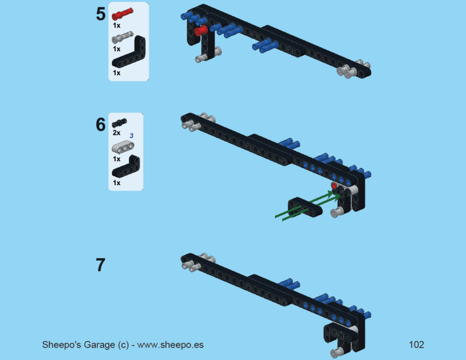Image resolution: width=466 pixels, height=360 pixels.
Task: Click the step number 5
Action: tap(101, 14)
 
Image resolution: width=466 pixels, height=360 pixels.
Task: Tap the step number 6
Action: tap(101, 125)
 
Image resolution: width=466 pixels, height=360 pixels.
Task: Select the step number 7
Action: tap(101, 265)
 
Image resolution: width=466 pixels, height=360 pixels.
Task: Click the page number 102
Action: tap(416, 344)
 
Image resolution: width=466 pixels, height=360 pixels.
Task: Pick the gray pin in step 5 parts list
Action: tap(122, 37)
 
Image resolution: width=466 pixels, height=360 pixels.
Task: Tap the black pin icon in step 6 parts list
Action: tap(120, 122)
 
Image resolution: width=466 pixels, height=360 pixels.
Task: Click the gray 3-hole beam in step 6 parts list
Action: tap(123, 147)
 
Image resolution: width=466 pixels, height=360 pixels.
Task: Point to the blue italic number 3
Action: tap(131, 135)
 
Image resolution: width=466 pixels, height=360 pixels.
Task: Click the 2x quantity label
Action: tap(116, 132)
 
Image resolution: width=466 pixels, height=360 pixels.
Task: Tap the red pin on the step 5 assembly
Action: tap(201, 31)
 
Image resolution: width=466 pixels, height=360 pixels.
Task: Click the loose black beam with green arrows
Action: tap(305, 207)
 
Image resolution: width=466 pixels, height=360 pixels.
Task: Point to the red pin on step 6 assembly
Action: tap(334, 186)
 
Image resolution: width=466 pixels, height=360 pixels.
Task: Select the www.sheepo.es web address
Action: tap(170, 345)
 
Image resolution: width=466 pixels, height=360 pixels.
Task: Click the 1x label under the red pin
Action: tap(116, 26)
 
